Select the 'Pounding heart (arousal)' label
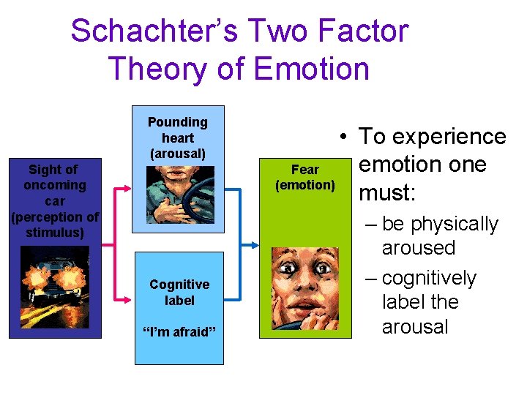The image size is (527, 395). click(178, 138)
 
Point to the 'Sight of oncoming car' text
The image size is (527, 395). click(54, 185)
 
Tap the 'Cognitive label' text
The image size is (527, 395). click(179, 292)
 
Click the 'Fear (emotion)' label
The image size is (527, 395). click(305, 177)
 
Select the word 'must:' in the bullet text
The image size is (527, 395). click(387, 193)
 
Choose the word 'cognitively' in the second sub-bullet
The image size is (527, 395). click(429, 278)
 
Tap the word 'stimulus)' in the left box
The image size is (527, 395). click(55, 233)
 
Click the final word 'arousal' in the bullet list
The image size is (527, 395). click(415, 326)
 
